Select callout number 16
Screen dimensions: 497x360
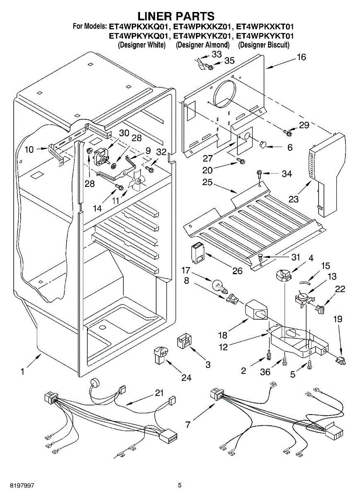click(301, 57)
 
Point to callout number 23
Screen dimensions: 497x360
click(294, 199)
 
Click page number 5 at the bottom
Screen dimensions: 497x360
click(180, 485)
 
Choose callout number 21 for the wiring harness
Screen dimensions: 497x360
click(159, 393)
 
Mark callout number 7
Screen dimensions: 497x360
click(188, 425)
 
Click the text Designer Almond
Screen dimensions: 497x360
click(203, 45)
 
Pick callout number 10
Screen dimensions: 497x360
click(29, 150)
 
